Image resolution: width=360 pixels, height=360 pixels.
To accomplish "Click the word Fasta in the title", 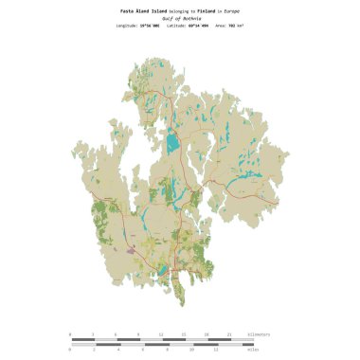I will coord(127,10).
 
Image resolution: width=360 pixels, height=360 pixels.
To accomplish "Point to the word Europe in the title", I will coord(232,10).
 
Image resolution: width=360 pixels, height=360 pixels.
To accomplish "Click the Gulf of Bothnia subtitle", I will coord(180,18).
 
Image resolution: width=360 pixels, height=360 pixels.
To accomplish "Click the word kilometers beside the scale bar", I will coord(258,334).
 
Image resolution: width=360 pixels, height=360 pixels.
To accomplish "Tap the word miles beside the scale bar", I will coord(253,350).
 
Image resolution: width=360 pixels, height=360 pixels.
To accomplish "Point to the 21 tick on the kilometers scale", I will coord(230,334).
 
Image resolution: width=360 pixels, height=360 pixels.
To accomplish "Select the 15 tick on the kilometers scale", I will coord(184,334).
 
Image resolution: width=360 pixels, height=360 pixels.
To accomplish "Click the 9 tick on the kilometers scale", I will coord(138,334).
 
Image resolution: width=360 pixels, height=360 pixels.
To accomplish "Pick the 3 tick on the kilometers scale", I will coord(93,334).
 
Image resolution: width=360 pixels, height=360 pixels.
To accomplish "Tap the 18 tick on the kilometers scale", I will coord(207,334).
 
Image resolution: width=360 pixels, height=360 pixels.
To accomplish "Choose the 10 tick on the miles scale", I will coord(192,350).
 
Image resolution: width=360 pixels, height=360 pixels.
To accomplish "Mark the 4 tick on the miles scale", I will coord(119,350).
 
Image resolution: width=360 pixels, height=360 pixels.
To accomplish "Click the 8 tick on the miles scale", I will coord(168,350).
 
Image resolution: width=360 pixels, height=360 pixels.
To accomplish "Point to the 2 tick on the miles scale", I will coord(95,350).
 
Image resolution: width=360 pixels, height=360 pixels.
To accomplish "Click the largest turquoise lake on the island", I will coord(172,144).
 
